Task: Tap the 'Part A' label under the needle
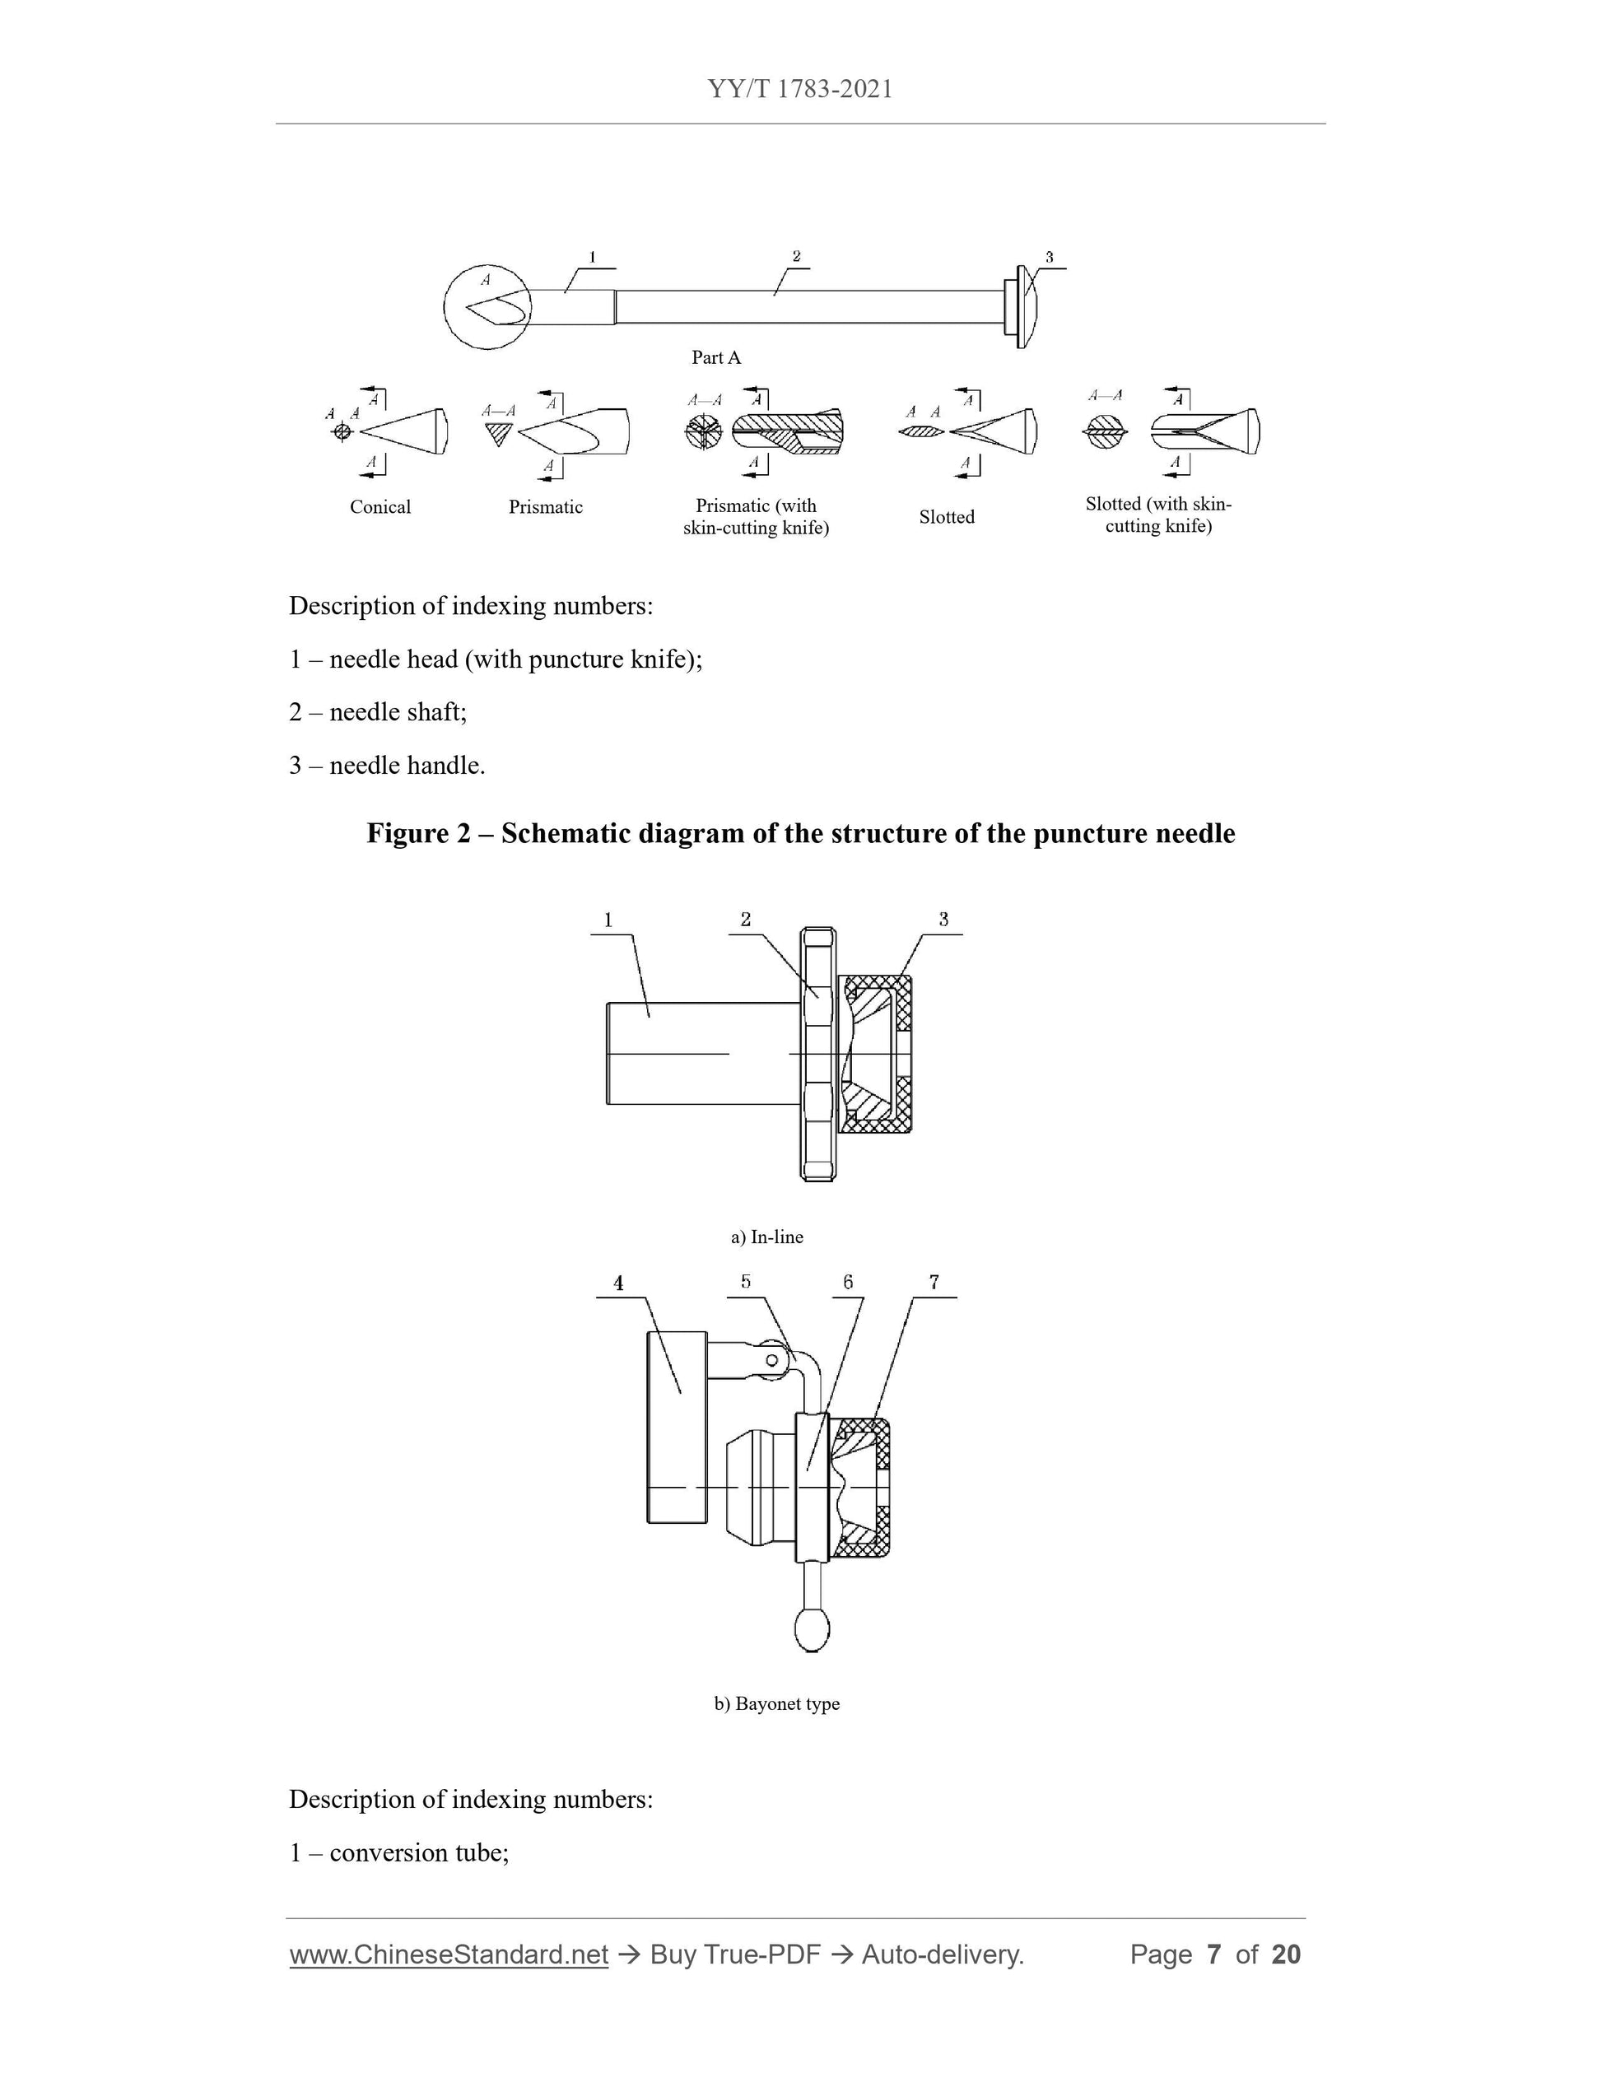715,358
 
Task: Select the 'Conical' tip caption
380,507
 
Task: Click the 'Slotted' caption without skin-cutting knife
946,517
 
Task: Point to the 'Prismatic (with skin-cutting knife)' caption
756,517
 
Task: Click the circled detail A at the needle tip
487,305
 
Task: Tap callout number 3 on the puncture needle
1049,257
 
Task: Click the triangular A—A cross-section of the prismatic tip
497,435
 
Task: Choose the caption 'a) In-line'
766,1237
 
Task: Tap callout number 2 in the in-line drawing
746,920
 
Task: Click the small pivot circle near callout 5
771,1361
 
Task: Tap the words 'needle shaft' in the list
398,712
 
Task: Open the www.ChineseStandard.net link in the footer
449,1955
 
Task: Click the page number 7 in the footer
1213,1955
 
